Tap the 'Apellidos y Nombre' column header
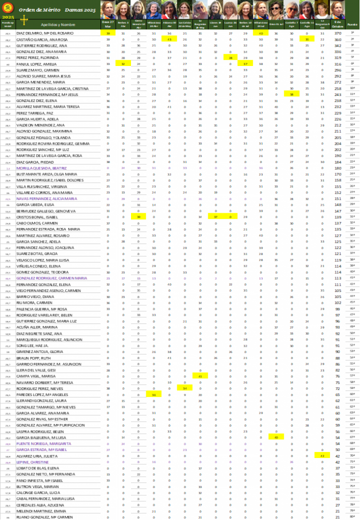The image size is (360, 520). (57, 24)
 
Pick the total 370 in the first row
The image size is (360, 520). (338, 33)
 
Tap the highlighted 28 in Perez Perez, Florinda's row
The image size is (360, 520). (231, 58)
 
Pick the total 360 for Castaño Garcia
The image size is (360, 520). (338, 39)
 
